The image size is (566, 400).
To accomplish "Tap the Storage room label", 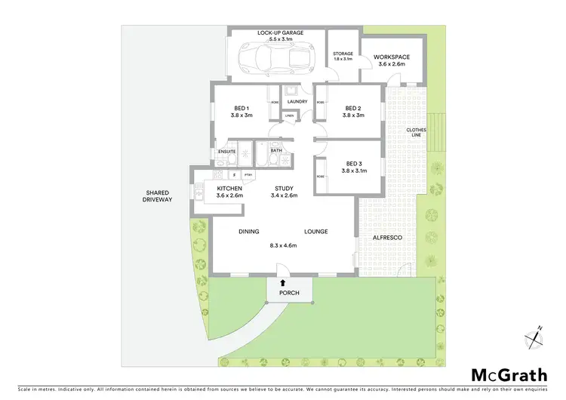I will (x=343, y=54).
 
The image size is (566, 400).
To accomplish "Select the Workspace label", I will (x=392, y=57).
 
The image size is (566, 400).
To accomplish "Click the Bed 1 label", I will (x=241, y=107).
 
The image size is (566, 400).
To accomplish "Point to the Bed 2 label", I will (x=353, y=107).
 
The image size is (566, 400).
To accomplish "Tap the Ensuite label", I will (x=227, y=152).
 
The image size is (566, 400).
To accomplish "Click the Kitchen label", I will (x=229, y=188).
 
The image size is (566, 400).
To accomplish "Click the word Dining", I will (x=249, y=232).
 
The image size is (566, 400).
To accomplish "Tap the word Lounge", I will (x=315, y=232).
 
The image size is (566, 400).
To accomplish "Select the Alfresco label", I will (x=387, y=238).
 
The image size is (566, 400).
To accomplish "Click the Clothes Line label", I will (x=417, y=134).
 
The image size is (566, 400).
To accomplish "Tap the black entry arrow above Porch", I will (x=284, y=282).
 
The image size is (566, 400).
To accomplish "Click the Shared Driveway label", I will (x=158, y=195).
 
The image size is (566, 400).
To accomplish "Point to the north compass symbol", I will (x=537, y=337).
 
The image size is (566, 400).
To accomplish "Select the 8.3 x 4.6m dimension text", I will (x=282, y=245).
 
